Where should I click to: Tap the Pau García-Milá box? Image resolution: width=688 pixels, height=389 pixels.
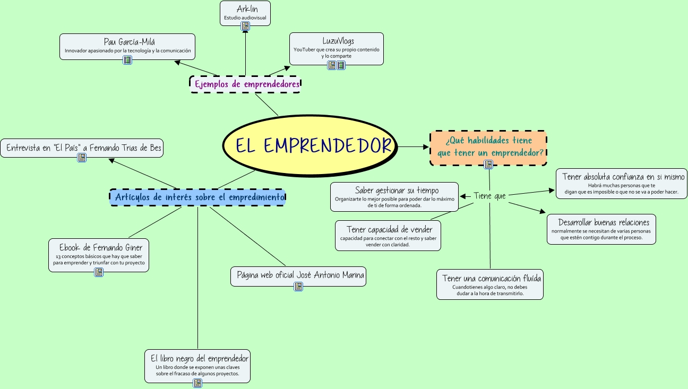click(x=127, y=45)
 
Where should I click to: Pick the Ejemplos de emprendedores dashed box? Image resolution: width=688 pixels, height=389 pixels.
click(x=245, y=84)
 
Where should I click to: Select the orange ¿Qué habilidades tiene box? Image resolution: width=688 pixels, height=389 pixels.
click(x=488, y=146)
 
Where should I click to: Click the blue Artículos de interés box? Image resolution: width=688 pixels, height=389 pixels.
click(x=197, y=197)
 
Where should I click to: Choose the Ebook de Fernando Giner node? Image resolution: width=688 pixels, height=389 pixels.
click(x=99, y=253)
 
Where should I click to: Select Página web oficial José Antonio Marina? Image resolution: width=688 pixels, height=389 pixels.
click(x=298, y=275)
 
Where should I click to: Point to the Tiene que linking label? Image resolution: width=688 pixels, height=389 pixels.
click(x=489, y=196)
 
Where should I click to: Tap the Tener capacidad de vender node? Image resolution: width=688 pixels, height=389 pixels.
click(x=388, y=234)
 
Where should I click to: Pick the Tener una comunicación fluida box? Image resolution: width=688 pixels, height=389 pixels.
click(x=490, y=284)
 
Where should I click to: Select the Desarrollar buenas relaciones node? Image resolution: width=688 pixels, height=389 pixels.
click(x=601, y=228)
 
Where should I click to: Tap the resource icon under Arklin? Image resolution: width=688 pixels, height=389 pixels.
click(x=245, y=25)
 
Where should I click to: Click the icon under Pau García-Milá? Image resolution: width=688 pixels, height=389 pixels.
click(x=127, y=59)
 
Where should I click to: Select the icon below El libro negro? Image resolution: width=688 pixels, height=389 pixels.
click(x=197, y=383)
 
